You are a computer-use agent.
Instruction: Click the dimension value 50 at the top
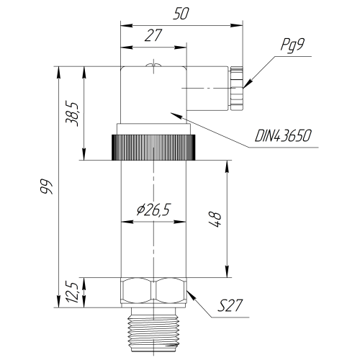[x=181, y=14]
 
